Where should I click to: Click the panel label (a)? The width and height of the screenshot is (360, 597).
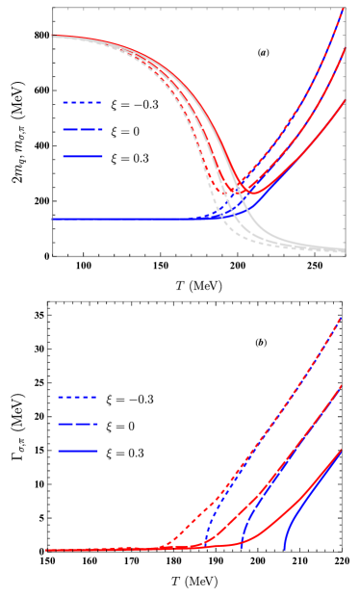click(263, 53)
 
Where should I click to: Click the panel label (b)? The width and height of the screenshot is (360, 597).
click(261, 343)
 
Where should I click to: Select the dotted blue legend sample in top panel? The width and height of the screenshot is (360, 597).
click(82, 102)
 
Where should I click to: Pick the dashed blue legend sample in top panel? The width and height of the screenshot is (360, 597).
click(82, 129)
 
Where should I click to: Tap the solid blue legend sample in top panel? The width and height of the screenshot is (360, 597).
click(82, 156)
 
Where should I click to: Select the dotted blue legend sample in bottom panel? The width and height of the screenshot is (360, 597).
click(77, 397)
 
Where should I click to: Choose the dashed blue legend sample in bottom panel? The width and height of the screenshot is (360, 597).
click(77, 424)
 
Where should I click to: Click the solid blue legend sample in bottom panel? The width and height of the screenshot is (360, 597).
click(77, 451)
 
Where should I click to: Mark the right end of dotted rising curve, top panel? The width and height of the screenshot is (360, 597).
click(344, 10)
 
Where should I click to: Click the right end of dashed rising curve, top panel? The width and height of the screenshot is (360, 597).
click(344, 49)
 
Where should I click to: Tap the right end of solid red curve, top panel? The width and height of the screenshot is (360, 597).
click(344, 100)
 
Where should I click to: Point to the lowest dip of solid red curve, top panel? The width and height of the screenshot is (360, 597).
click(252, 192)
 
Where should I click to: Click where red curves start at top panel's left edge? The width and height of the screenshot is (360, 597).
click(54, 37)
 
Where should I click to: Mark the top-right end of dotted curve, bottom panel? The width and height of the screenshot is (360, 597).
click(341, 317)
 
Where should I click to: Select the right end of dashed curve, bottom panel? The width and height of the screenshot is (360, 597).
click(341, 386)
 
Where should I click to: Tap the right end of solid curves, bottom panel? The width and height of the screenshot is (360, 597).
click(341, 451)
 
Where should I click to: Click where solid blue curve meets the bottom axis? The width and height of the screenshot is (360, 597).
click(285, 550)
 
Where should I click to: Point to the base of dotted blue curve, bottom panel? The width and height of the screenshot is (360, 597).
click(201, 548)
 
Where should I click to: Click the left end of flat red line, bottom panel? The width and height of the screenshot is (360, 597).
click(49, 550)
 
